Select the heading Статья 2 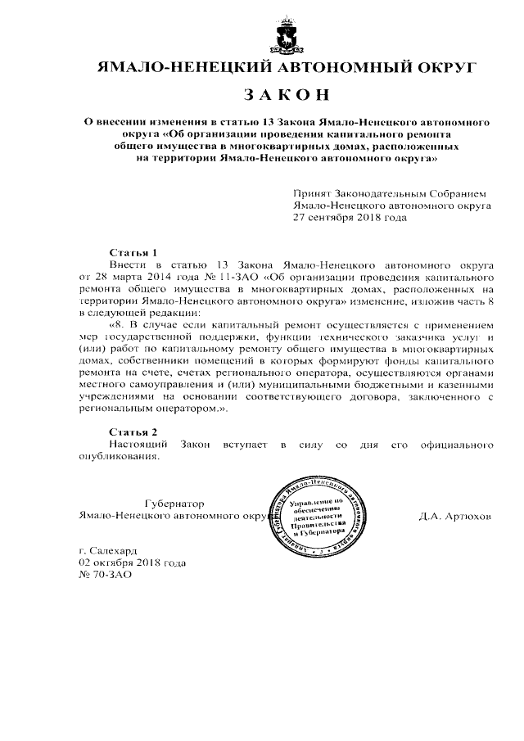pyautogui.click(x=133, y=431)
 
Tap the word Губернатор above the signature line pyautogui.click(x=174, y=503)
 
